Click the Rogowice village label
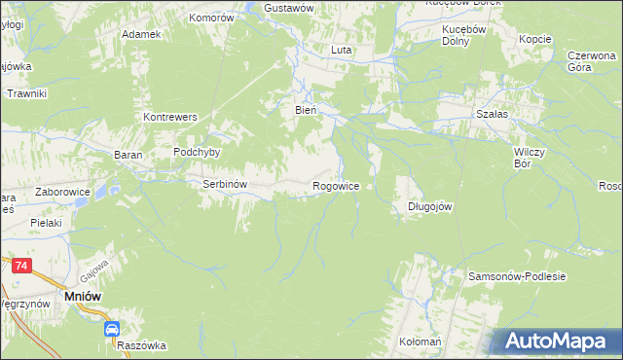pyautogui.click(x=335, y=185)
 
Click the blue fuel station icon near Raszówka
pyautogui.click(x=112, y=330)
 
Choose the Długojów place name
pyautogui.click(x=429, y=206)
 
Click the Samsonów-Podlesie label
pyautogui.click(x=517, y=276)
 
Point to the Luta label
pyautogui.click(x=341, y=50)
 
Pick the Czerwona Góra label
pyautogui.click(x=593, y=61)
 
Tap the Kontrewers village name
pyautogui.click(x=170, y=117)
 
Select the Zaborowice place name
pyautogui.click(x=62, y=193)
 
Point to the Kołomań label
pyautogui.click(x=421, y=343)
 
